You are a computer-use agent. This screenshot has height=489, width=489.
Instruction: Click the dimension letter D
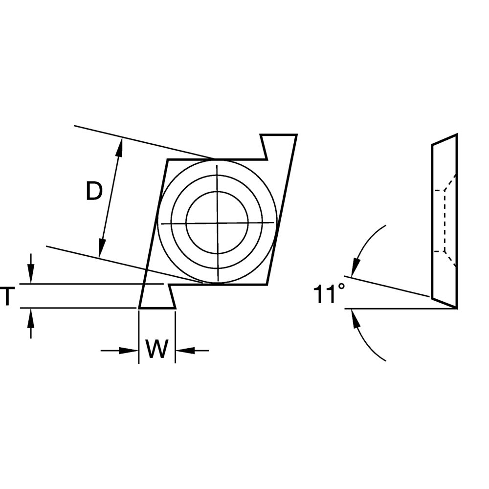pyautogui.click(x=94, y=191)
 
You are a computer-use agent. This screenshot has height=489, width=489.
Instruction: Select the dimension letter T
pyautogui.click(x=7, y=296)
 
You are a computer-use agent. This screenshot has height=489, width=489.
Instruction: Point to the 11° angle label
pyautogui.click(x=329, y=294)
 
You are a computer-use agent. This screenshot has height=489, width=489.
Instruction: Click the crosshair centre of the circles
pyautogui.click(x=218, y=223)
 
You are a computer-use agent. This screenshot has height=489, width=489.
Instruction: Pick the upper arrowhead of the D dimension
pyautogui.click(x=119, y=147)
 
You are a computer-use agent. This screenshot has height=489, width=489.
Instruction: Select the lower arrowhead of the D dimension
pyautogui.click(x=101, y=248)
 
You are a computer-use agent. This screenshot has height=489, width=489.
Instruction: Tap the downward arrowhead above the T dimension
pyautogui.click(x=30, y=274)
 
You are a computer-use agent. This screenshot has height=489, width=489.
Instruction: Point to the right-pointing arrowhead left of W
pyautogui.click(x=129, y=351)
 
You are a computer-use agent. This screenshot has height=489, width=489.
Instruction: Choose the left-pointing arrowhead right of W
pyautogui.click(x=185, y=351)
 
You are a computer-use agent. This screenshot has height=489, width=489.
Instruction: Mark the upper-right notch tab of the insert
pyautogui.click(x=279, y=147)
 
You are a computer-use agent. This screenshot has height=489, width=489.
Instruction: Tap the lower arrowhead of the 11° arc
pyautogui.click(x=355, y=318)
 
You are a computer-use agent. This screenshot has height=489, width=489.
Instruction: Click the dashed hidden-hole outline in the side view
pyautogui.click(x=445, y=221)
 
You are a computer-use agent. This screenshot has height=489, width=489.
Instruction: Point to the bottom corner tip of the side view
pyautogui.click(x=457, y=309)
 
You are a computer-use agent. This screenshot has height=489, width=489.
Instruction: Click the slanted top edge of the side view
pyautogui.click(x=445, y=139)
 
